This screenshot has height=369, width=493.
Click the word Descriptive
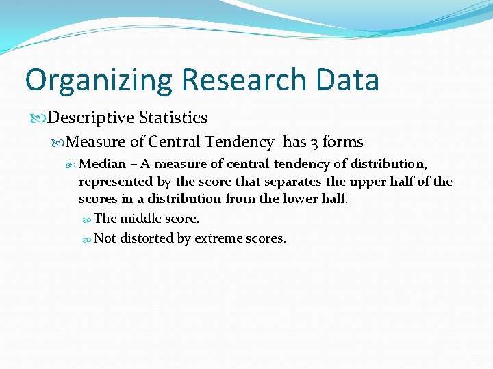[91, 118]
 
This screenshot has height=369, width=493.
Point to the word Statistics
[173, 118]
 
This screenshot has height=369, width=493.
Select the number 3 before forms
[314, 142]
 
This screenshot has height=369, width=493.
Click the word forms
[343, 141]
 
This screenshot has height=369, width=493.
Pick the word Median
[103, 164]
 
